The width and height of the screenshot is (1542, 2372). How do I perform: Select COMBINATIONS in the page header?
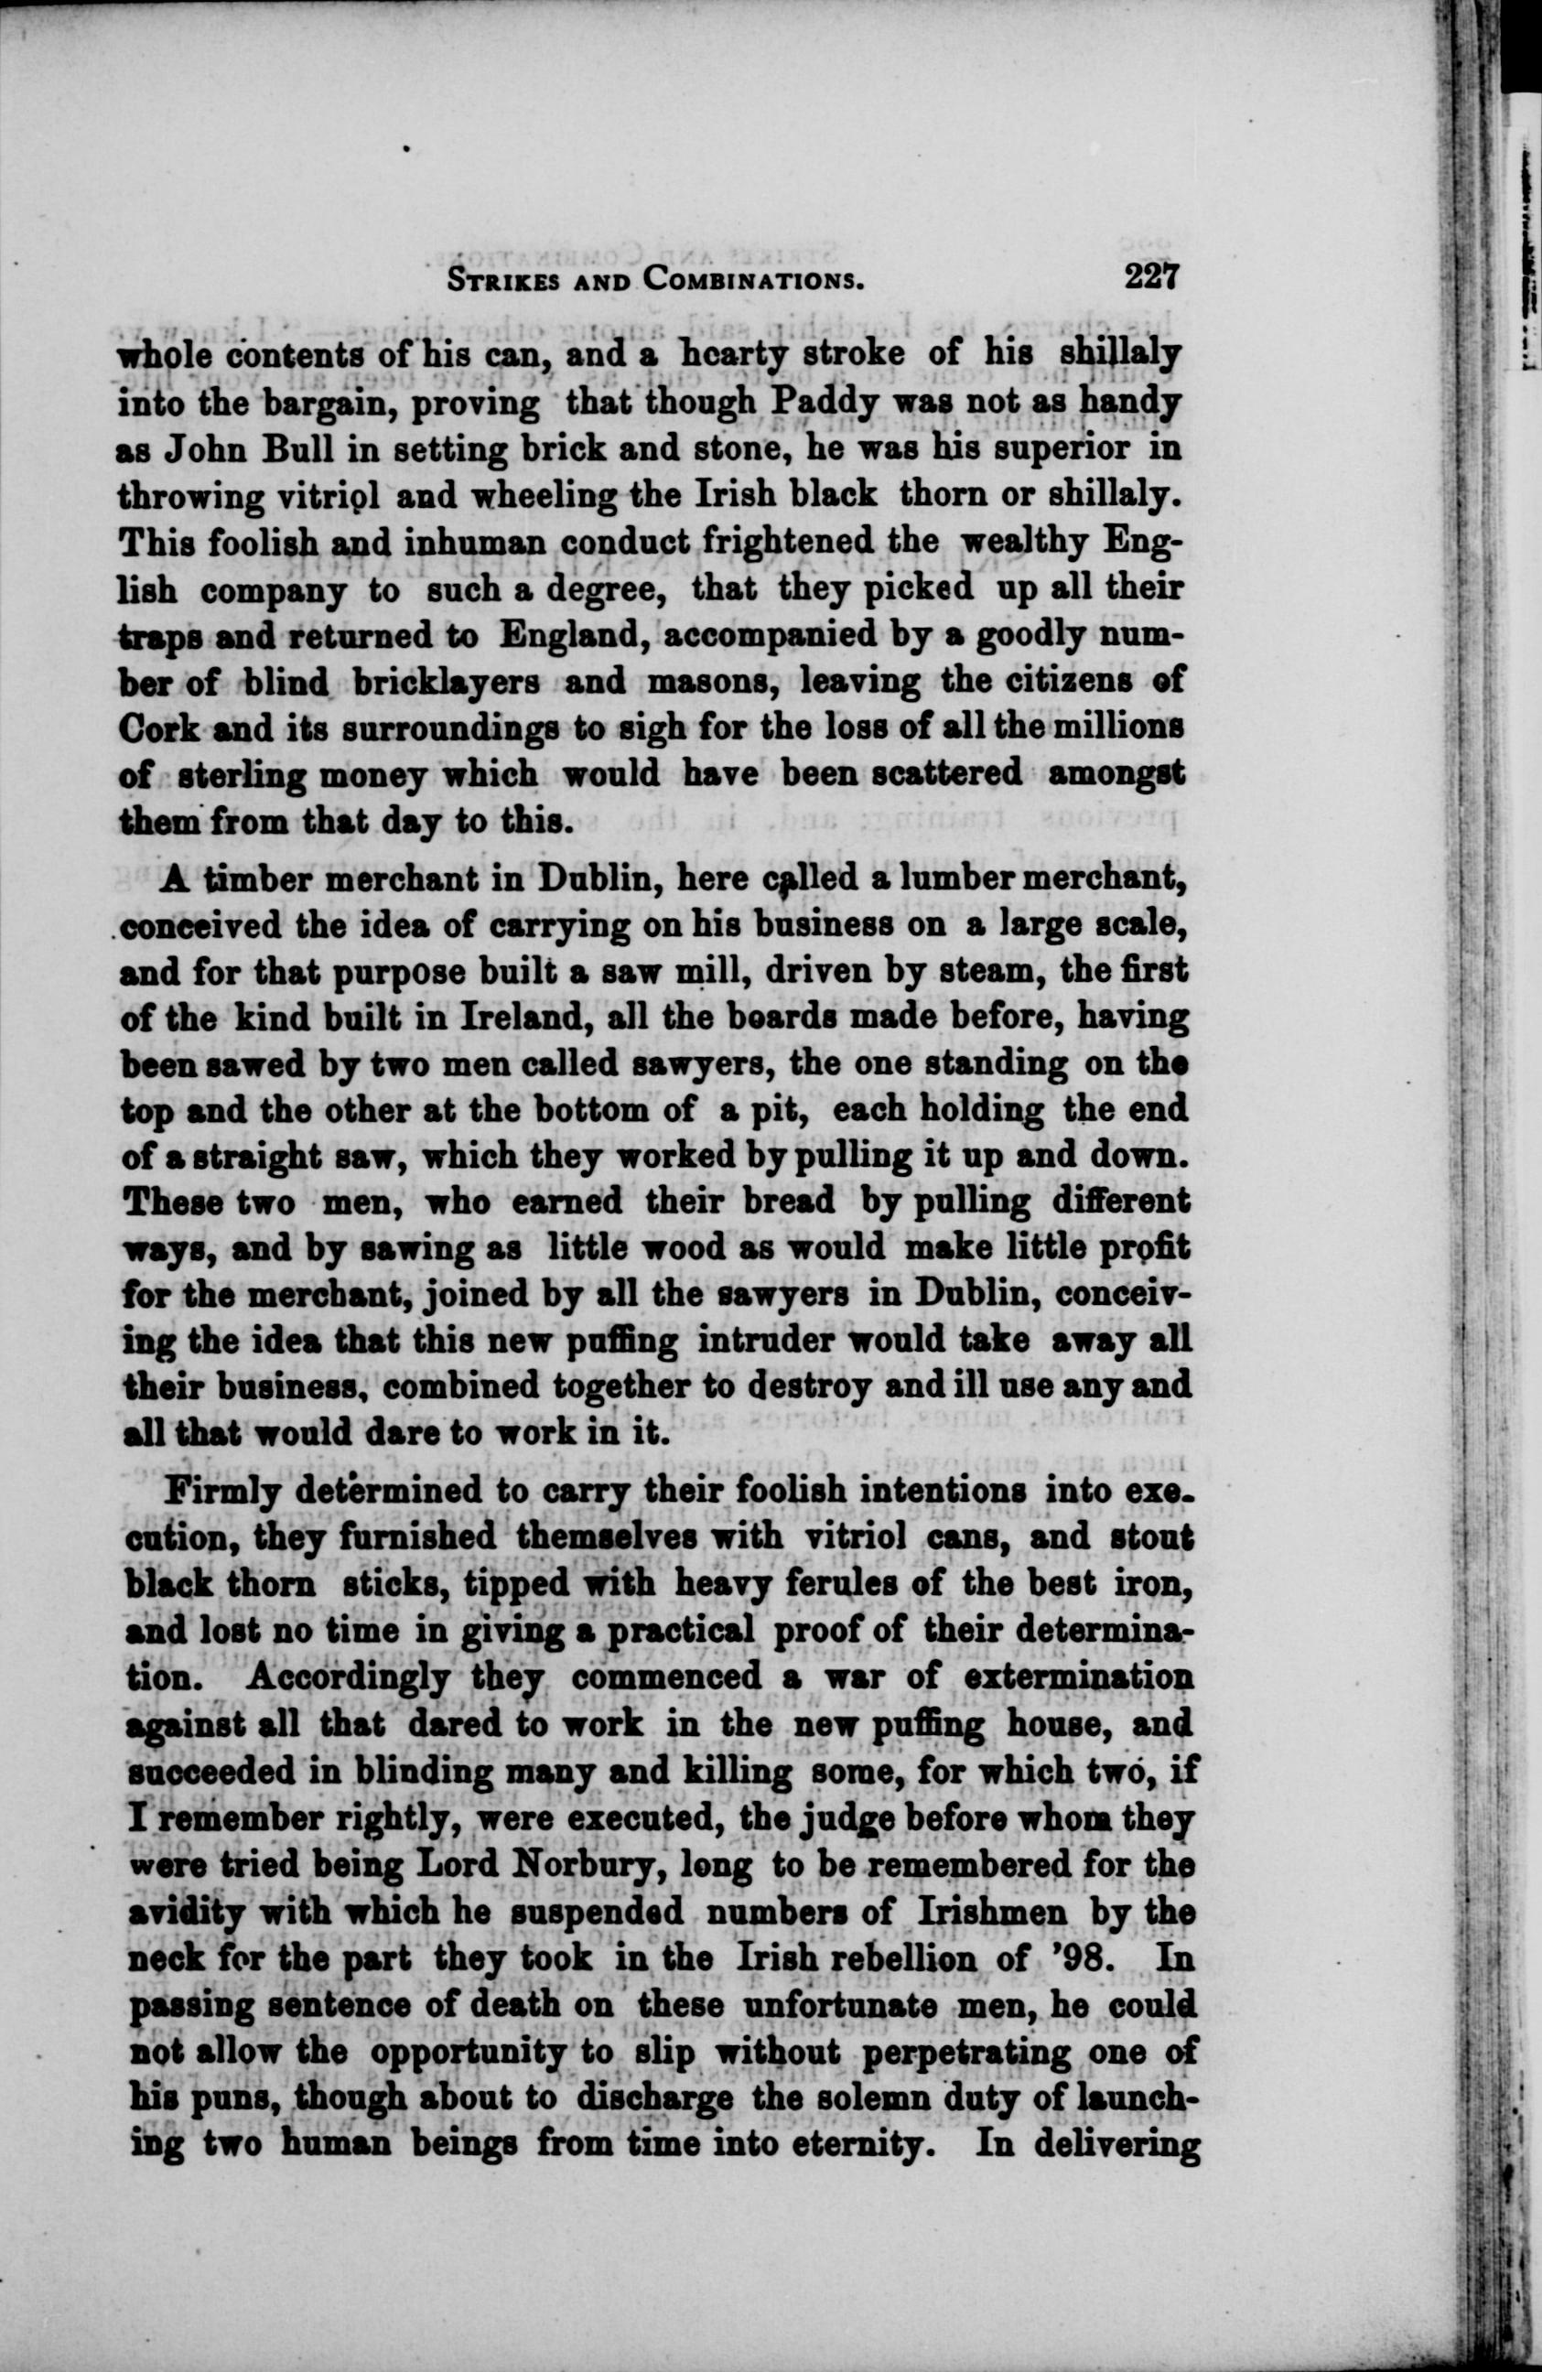752,279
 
